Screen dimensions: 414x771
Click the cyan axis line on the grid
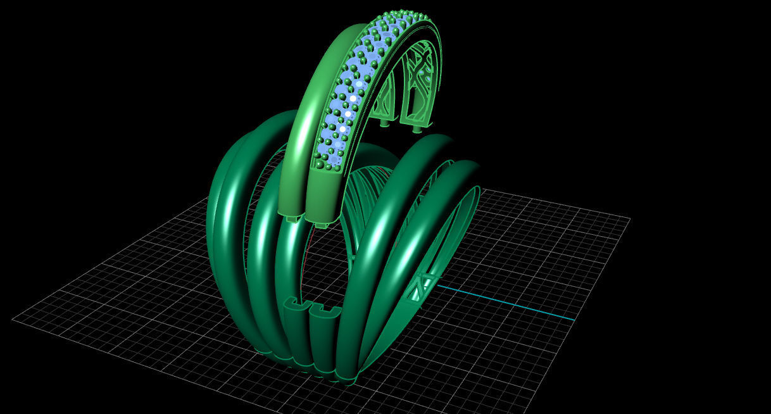click(x=506, y=302)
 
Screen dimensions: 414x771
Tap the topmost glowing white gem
click(x=359, y=84)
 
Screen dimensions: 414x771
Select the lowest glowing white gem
click(x=342, y=129)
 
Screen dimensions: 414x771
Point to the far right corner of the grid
click(x=629, y=219)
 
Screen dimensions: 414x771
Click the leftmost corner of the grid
click(x=13, y=319)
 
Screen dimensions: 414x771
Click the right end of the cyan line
click(x=574, y=319)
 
